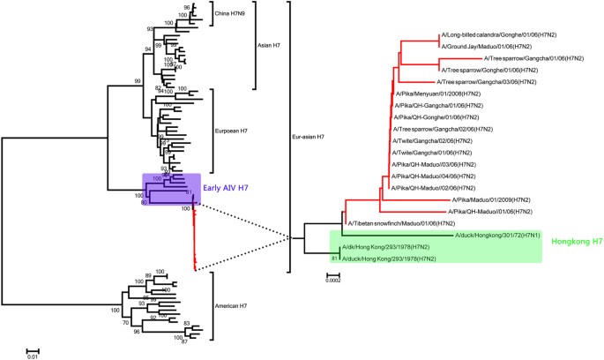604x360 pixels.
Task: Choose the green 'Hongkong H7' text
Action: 570,242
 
